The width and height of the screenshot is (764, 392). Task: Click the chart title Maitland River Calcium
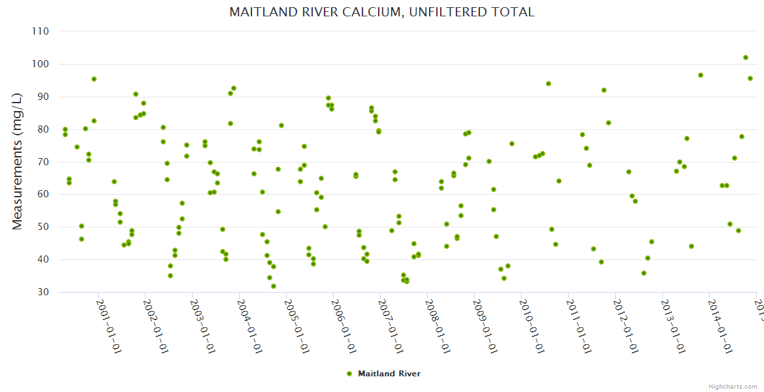pyautogui.click(x=382, y=12)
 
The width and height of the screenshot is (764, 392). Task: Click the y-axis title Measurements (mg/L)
pyautogui.click(x=18, y=162)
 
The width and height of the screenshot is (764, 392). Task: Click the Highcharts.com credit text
pyautogui.click(x=733, y=386)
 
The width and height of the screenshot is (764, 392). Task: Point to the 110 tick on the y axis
pyautogui.click(x=41, y=31)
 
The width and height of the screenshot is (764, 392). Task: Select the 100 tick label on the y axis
pyautogui.click(x=41, y=64)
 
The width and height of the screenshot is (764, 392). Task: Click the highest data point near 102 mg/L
pyautogui.click(x=746, y=57)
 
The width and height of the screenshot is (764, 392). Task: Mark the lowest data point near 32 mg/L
pyautogui.click(x=274, y=286)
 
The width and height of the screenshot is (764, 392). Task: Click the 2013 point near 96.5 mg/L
pyautogui.click(x=701, y=75)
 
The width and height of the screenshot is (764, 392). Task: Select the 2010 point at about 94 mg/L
pyautogui.click(x=549, y=84)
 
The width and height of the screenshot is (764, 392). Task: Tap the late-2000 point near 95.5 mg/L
pyautogui.click(x=94, y=79)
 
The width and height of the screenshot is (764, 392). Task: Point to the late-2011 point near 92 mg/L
pyautogui.click(x=604, y=90)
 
